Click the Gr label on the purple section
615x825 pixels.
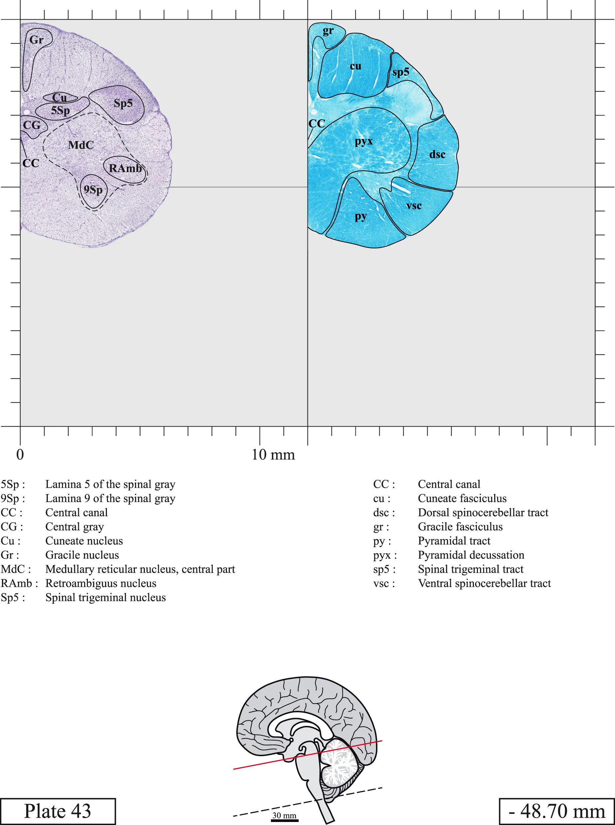tap(37, 40)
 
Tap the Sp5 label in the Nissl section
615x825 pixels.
tap(123, 103)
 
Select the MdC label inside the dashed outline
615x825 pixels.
tap(81, 145)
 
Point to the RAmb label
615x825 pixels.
tap(125, 168)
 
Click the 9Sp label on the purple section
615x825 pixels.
tap(93, 190)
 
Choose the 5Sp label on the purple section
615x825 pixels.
tap(60, 110)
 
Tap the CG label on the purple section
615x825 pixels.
tap(32, 125)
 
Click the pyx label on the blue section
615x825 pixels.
tap(364, 142)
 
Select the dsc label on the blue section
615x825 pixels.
tap(437, 154)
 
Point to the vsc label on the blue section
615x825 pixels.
tap(414, 206)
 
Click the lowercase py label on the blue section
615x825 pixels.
tap(361, 216)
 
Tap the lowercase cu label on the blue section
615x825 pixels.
tap(355, 66)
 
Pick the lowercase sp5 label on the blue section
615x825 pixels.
tap(401, 72)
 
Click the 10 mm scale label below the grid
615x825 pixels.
tap(273, 455)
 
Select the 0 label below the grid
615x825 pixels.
tap(20, 455)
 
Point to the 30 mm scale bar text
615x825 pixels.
tap(285, 815)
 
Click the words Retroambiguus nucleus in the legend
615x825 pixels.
tap(101, 583)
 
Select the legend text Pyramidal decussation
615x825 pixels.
tap(471, 555)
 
